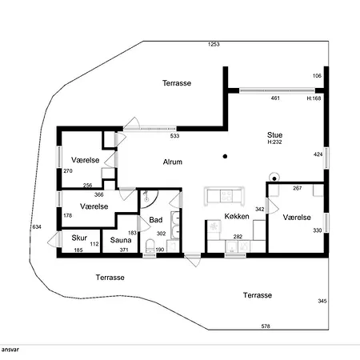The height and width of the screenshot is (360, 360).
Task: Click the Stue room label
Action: (274, 135)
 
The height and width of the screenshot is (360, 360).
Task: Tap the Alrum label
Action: (173, 162)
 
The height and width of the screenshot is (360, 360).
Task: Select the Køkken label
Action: (237, 216)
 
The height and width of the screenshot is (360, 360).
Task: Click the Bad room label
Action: (156, 220)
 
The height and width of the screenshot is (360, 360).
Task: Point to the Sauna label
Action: (121, 240)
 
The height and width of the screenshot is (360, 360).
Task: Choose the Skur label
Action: (79, 238)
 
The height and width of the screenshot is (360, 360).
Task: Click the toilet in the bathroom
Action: (150, 246)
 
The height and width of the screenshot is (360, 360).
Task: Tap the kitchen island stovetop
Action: (226, 195)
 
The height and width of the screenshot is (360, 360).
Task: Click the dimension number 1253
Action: (214, 44)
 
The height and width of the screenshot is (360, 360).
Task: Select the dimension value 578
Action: (266, 326)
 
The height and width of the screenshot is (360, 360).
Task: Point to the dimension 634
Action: (37, 227)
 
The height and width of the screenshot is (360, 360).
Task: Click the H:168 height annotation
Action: (314, 98)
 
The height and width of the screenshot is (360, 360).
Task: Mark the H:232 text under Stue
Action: (274, 142)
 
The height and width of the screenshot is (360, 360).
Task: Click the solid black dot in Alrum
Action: (225, 157)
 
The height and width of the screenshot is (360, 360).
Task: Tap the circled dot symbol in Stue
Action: (274, 178)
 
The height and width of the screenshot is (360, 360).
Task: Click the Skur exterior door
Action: (54, 239)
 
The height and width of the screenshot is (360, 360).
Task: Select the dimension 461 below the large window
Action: (275, 98)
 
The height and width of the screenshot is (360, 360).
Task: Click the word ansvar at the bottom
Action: (10, 350)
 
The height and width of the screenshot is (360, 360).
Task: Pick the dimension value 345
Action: (322, 301)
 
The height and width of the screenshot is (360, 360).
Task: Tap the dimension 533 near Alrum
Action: (174, 136)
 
